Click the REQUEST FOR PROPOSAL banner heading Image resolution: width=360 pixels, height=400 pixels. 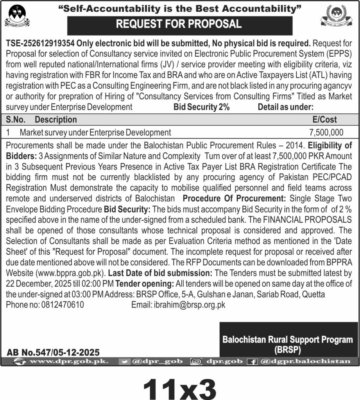(180, 24)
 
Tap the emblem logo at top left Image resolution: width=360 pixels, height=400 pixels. (17, 16)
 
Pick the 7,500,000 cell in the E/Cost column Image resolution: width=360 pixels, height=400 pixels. (326, 132)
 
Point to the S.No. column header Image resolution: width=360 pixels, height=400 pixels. (17, 119)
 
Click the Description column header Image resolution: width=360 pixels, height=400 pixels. (56, 119)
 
